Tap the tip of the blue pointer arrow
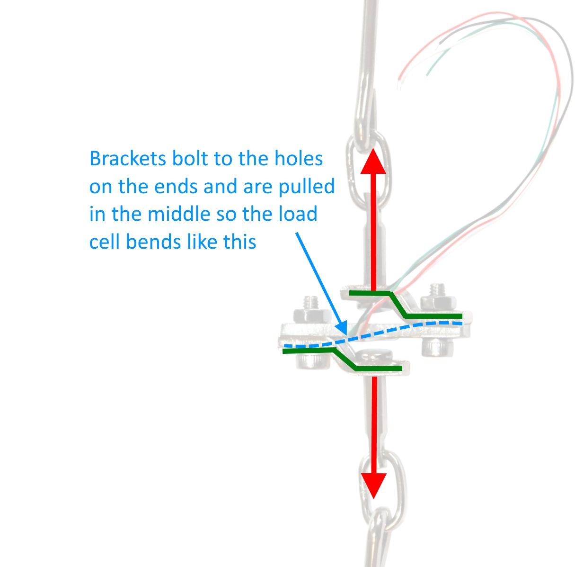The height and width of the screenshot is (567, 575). pos(346,334)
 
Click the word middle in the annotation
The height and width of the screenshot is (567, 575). pos(179,214)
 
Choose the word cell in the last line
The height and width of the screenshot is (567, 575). pos(105,242)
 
